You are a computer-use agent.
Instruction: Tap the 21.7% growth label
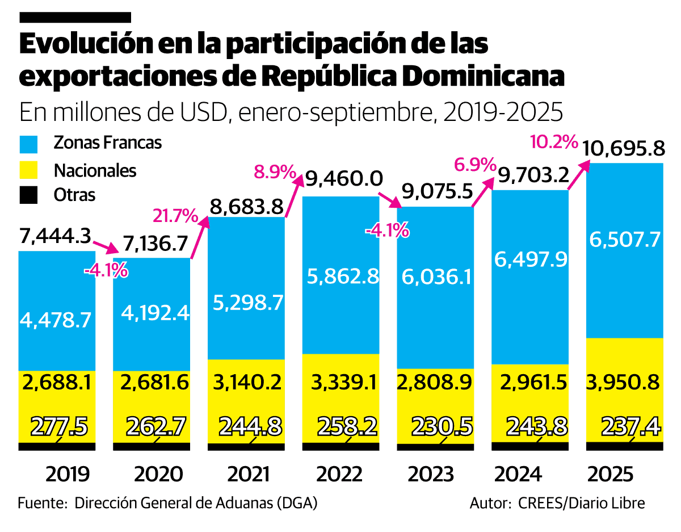[175, 216]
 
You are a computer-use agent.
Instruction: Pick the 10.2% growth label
[553, 141]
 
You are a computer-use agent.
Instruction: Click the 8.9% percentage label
[275, 171]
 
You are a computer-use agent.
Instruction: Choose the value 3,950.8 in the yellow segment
[624, 382]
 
